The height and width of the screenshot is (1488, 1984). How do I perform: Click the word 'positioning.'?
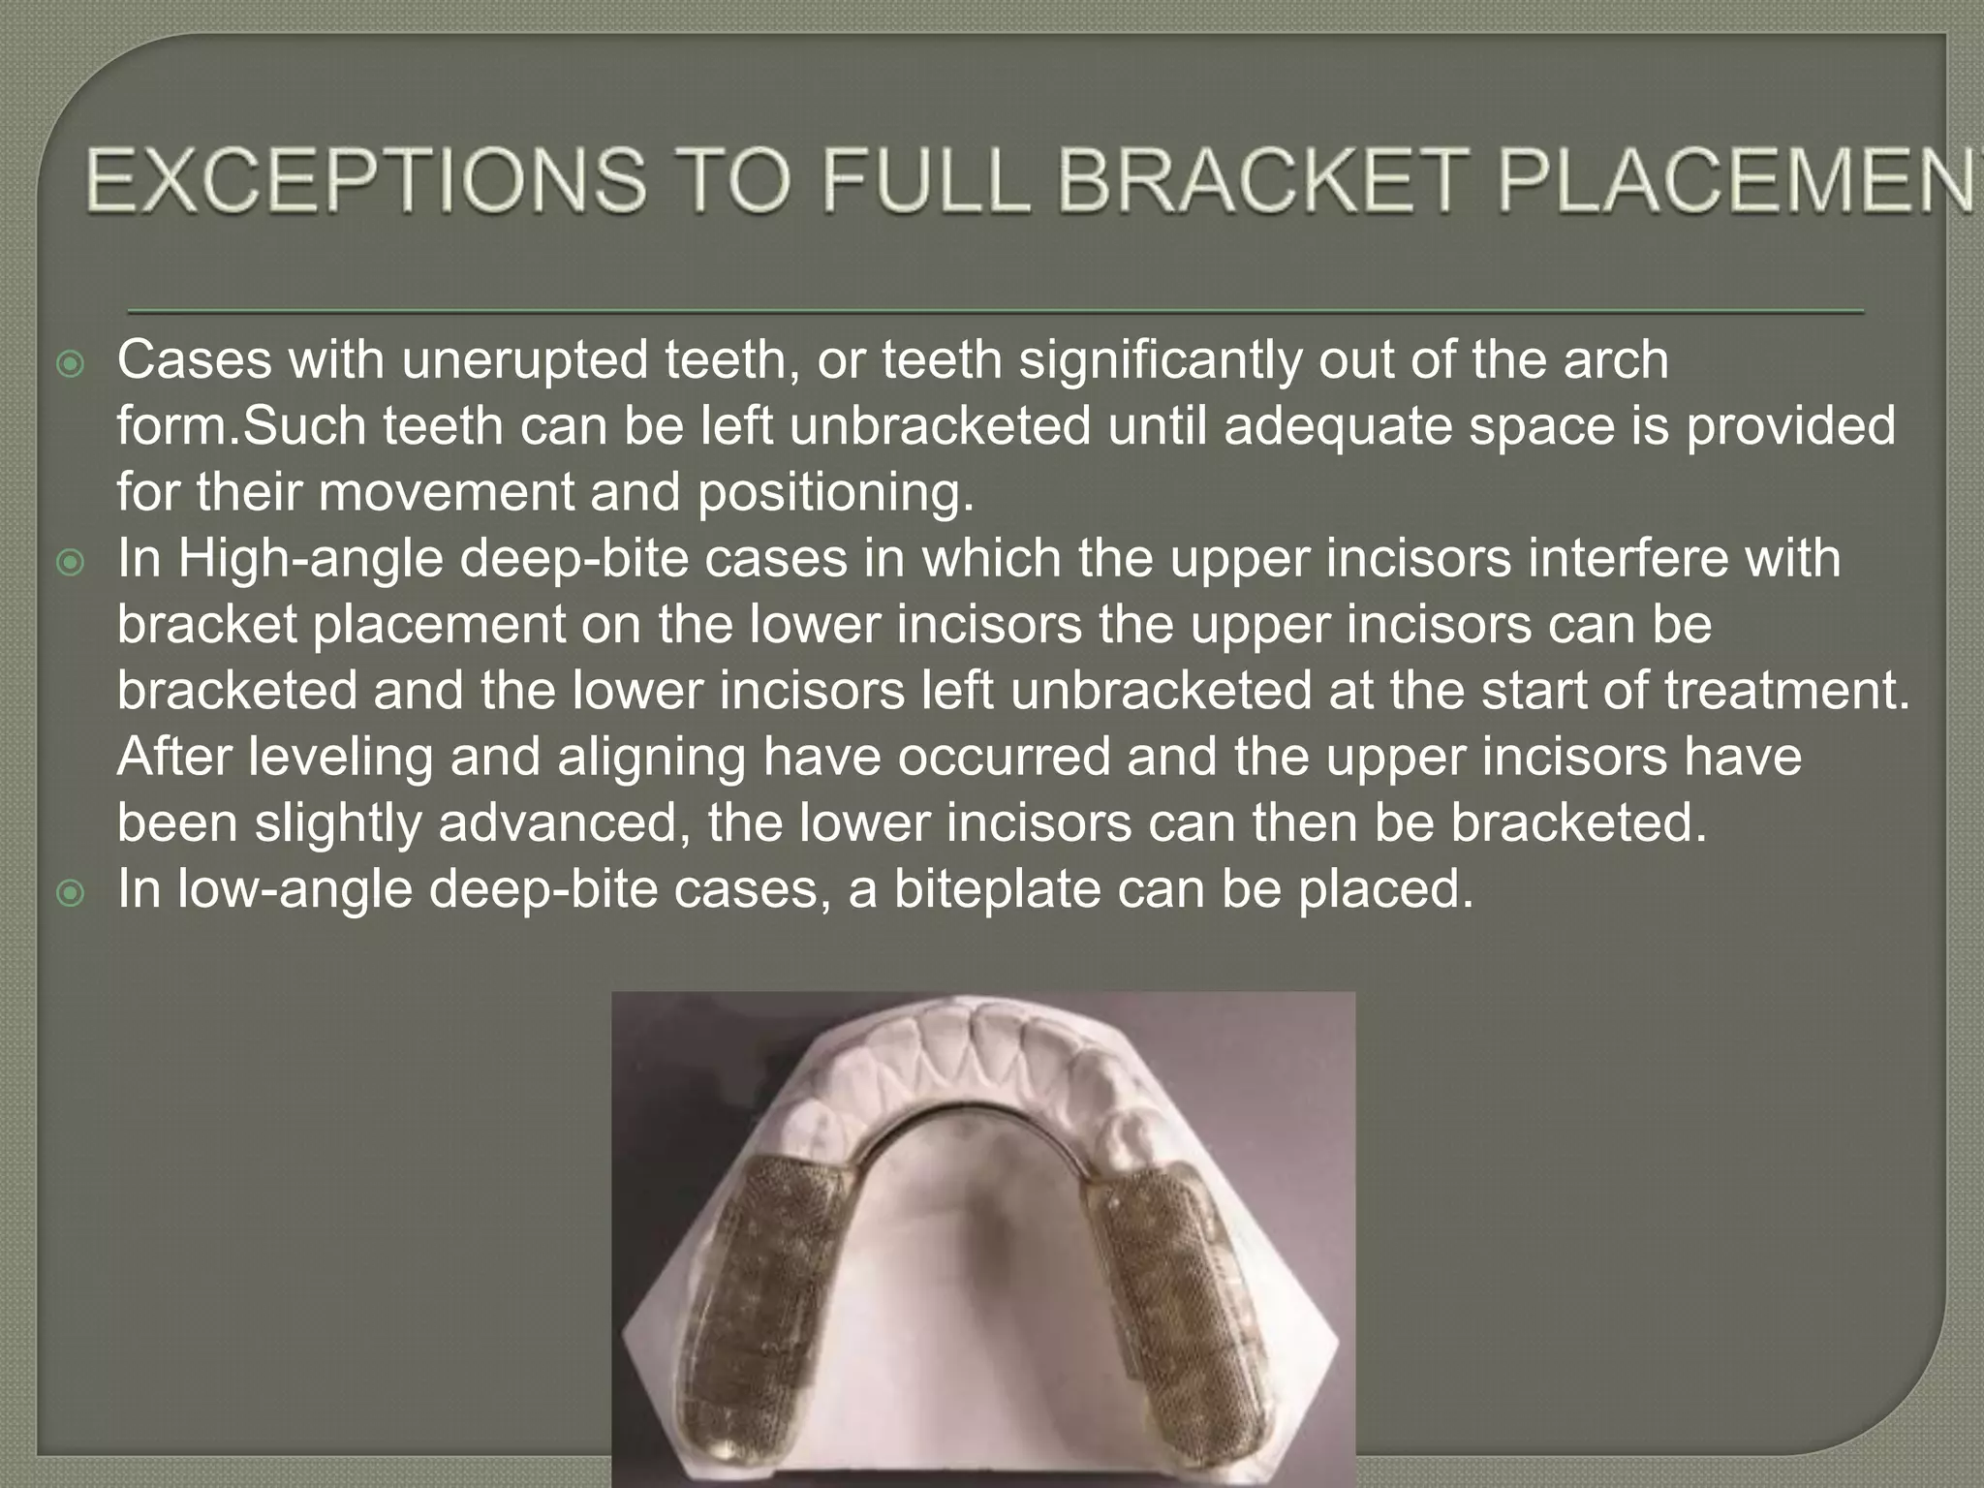tap(835, 492)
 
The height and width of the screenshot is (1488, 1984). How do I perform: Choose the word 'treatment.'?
tap(1787, 691)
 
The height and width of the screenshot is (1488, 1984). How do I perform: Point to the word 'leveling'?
tap(340, 757)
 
